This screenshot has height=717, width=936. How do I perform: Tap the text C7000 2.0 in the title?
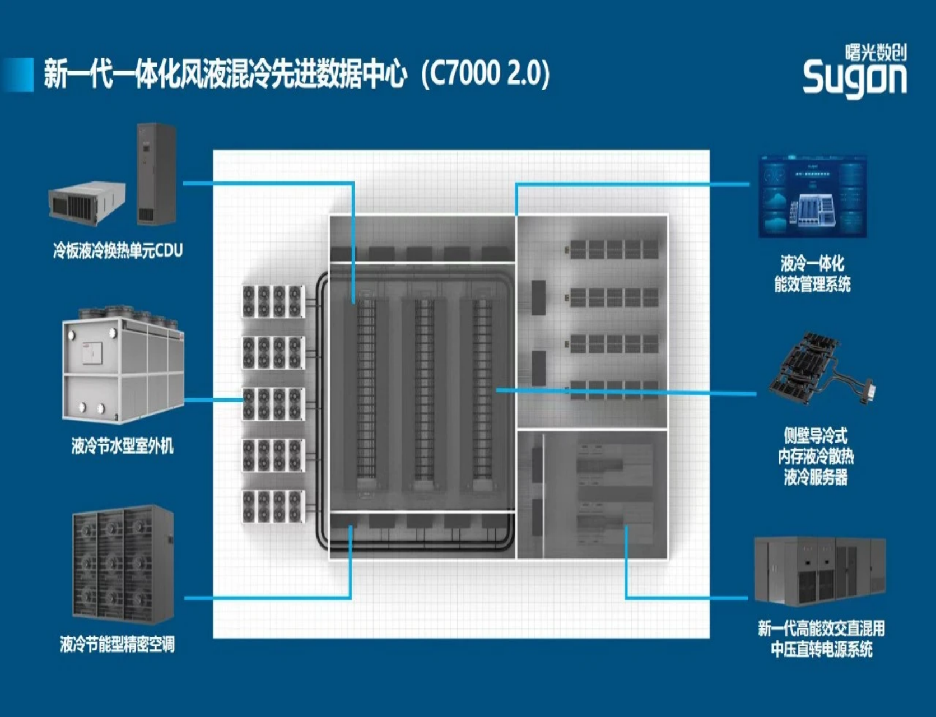coord(485,73)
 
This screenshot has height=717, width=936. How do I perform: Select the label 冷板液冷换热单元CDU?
coord(118,250)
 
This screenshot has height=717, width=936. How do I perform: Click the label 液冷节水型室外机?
coord(122,446)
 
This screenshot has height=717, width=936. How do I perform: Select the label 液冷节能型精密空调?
coord(117,644)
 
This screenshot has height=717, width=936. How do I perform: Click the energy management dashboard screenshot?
coord(812,197)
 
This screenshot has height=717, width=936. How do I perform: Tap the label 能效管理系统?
coord(812,284)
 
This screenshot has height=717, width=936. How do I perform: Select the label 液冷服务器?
coord(816,477)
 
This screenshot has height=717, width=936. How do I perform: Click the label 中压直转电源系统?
coord(821,649)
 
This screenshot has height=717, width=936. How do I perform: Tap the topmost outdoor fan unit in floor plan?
coord(273,301)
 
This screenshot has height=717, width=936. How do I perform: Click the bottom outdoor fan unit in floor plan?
coord(273,506)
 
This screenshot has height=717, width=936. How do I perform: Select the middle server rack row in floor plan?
coord(423,395)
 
